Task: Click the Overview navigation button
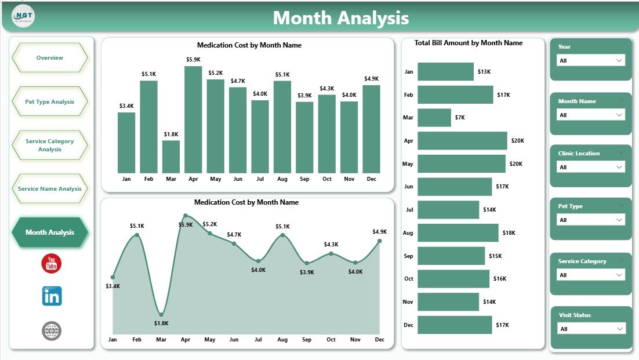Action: click(50, 58)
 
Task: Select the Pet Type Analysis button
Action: click(50, 102)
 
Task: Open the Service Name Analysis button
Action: click(50, 189)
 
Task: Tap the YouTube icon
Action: click(52, 263)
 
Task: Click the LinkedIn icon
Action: click(52, 296)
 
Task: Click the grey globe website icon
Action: click(52, 331)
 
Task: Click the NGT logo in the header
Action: click(23, 16)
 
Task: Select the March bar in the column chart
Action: click(171, 157)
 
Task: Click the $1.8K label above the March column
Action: click(171, 134)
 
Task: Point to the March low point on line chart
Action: click(161, 314)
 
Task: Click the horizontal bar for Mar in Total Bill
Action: click(434, 118)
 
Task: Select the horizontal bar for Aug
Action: click(458, 232)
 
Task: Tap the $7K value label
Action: click(460, 118)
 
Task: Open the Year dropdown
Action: click(590, 60)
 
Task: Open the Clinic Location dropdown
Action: click(590, 167)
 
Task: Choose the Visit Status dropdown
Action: click(590, 329)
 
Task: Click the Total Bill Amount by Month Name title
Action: click(469, 43)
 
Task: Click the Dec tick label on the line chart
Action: click(379, 340)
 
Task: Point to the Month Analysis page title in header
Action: click(341, 18)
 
